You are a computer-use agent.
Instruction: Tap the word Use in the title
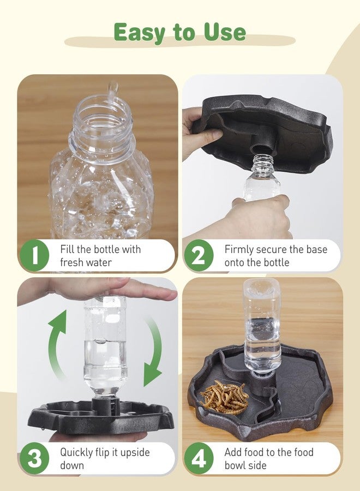click(x=225, y=32)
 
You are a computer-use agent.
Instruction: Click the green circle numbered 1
click(x=34, y=255)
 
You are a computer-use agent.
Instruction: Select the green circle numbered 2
click(x=199, y=255)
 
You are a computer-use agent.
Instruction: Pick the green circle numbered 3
click(x=34, y=458)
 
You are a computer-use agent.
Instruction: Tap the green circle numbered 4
click(x=199, y=458)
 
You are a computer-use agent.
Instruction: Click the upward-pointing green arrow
click(x=56, y=342)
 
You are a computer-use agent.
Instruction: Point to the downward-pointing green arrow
click(x=154, y=351)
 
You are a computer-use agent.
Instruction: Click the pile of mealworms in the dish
click(x=224, y=397)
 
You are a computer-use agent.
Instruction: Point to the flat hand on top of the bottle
click(x=103, y=290)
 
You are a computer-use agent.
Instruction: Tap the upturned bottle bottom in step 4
click(x=262, y=290)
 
